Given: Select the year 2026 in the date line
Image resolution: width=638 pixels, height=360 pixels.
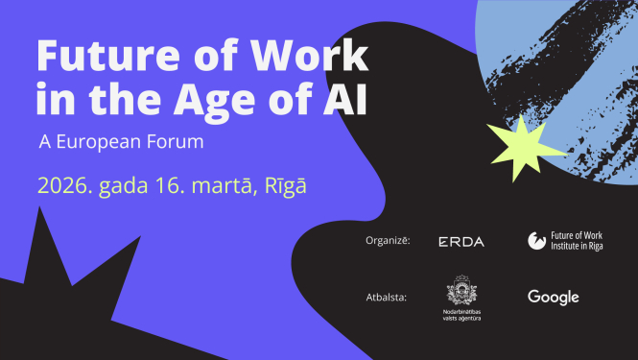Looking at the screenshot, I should [63, 184].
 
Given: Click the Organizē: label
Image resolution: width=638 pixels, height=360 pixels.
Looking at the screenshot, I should [389, 241].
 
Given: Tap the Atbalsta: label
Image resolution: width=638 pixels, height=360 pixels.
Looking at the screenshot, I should [388, 298].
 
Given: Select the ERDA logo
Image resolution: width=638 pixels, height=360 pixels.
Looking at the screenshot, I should [461, 242].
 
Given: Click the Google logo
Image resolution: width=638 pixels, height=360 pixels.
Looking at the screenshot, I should [554, 298].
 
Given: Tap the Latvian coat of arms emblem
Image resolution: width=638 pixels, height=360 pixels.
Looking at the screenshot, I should [461, 291].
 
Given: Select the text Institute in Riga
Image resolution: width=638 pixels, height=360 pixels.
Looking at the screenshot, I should [573, 247].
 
